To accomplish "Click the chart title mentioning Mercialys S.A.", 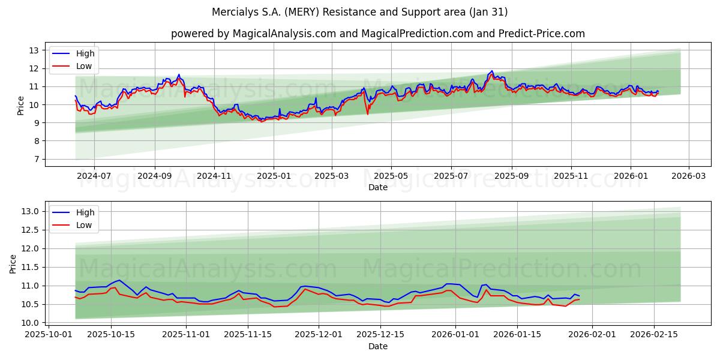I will point(360,12).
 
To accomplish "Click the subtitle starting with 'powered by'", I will point(378,34).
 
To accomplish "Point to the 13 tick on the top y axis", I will point(34,50).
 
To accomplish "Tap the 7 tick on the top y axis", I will point(37,159).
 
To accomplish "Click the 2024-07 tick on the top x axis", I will point(94,176).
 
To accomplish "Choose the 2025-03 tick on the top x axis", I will point(332,176).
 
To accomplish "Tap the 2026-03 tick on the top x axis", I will point(688,176).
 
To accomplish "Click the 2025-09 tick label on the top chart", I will point(511,176).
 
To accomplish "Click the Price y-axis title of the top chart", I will point(21,106).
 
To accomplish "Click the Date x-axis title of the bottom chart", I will point(378,346).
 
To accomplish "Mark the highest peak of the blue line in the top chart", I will point(492,71).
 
